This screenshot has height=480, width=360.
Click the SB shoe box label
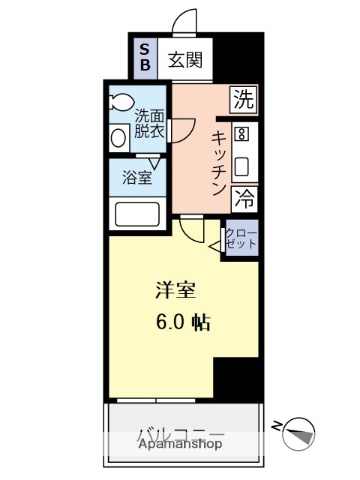click(144, 59)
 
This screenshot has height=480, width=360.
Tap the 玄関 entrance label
click(185, 59)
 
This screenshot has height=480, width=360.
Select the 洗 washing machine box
click(243, 98)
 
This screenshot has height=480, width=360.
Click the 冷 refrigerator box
click(243, 198)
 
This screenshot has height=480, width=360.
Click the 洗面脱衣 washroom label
click(150, 123)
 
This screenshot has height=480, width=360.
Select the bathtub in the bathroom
click(139, 214)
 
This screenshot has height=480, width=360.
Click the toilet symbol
click(123, 100)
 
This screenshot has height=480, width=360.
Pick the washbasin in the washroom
click(118, 136)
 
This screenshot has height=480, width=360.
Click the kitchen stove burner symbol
click(241, 134)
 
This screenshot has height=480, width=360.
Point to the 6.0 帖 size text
click(181, 323)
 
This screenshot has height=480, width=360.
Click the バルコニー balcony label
click(180, 433)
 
